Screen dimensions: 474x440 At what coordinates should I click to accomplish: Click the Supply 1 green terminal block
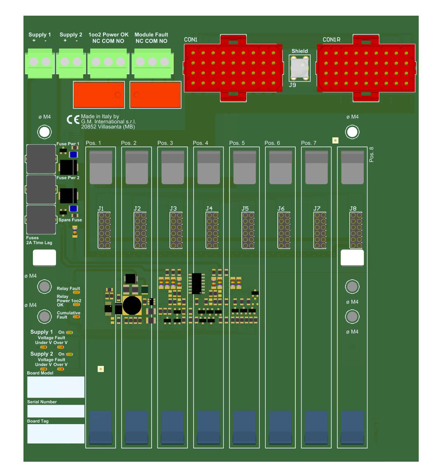tap(40, 62)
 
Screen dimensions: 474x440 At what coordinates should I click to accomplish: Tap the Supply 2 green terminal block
tap(71, 62)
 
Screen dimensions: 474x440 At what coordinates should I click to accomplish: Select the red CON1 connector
tap(233, 68)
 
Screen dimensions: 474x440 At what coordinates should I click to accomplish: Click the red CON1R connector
tap(366, 68)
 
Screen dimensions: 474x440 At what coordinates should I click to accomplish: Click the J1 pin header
tap(104, 230)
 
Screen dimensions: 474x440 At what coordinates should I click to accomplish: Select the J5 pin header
tap(248, 230)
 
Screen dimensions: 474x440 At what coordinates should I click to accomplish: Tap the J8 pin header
tap(356, 230)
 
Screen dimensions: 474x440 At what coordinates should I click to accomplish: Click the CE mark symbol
tap(73, 120)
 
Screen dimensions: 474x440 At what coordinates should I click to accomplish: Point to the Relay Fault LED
tap(76, 293)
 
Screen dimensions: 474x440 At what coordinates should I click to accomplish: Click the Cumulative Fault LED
tap(76, 317)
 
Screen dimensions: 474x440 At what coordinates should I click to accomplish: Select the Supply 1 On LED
tap(69, 332)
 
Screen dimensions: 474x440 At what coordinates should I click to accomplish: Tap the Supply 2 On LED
tap(69, 354)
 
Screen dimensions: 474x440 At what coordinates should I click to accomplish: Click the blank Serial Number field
tap(56, 411)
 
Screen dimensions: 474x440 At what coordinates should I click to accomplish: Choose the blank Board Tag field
tap(56, 434)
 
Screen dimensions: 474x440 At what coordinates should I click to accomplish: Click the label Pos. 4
tap(201, 143)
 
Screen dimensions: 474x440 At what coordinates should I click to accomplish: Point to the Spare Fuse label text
tap(70, 220)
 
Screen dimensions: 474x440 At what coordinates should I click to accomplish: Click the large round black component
tap(132, 305)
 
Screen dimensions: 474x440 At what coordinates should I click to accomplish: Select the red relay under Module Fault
tap(155, 94)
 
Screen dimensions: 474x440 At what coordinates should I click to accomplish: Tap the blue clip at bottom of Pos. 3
tap(172, 427)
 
